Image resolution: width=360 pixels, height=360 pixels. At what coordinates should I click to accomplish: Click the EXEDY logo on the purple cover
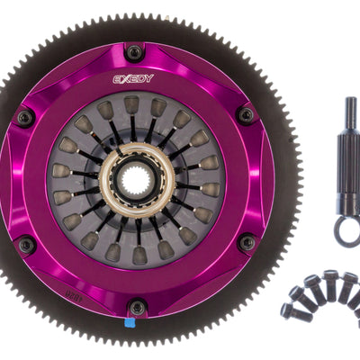pos(133,78)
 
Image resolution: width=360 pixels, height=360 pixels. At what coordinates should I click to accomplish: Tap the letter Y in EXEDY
pos(149,78)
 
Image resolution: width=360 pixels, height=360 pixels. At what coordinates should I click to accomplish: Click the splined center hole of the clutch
pos(137,178)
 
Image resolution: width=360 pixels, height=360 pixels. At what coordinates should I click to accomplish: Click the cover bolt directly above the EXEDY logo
pos(134,52)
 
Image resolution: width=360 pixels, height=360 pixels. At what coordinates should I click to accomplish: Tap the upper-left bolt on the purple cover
pos(25,117)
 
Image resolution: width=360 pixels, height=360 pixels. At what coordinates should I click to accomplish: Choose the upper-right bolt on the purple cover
pos(246,115)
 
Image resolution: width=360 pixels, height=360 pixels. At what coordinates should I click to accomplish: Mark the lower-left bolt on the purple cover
pos(25,245)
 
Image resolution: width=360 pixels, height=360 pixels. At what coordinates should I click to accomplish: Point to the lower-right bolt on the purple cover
pos(247,243)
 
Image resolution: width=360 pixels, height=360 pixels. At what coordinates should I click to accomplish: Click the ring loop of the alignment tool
pos(346,232)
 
